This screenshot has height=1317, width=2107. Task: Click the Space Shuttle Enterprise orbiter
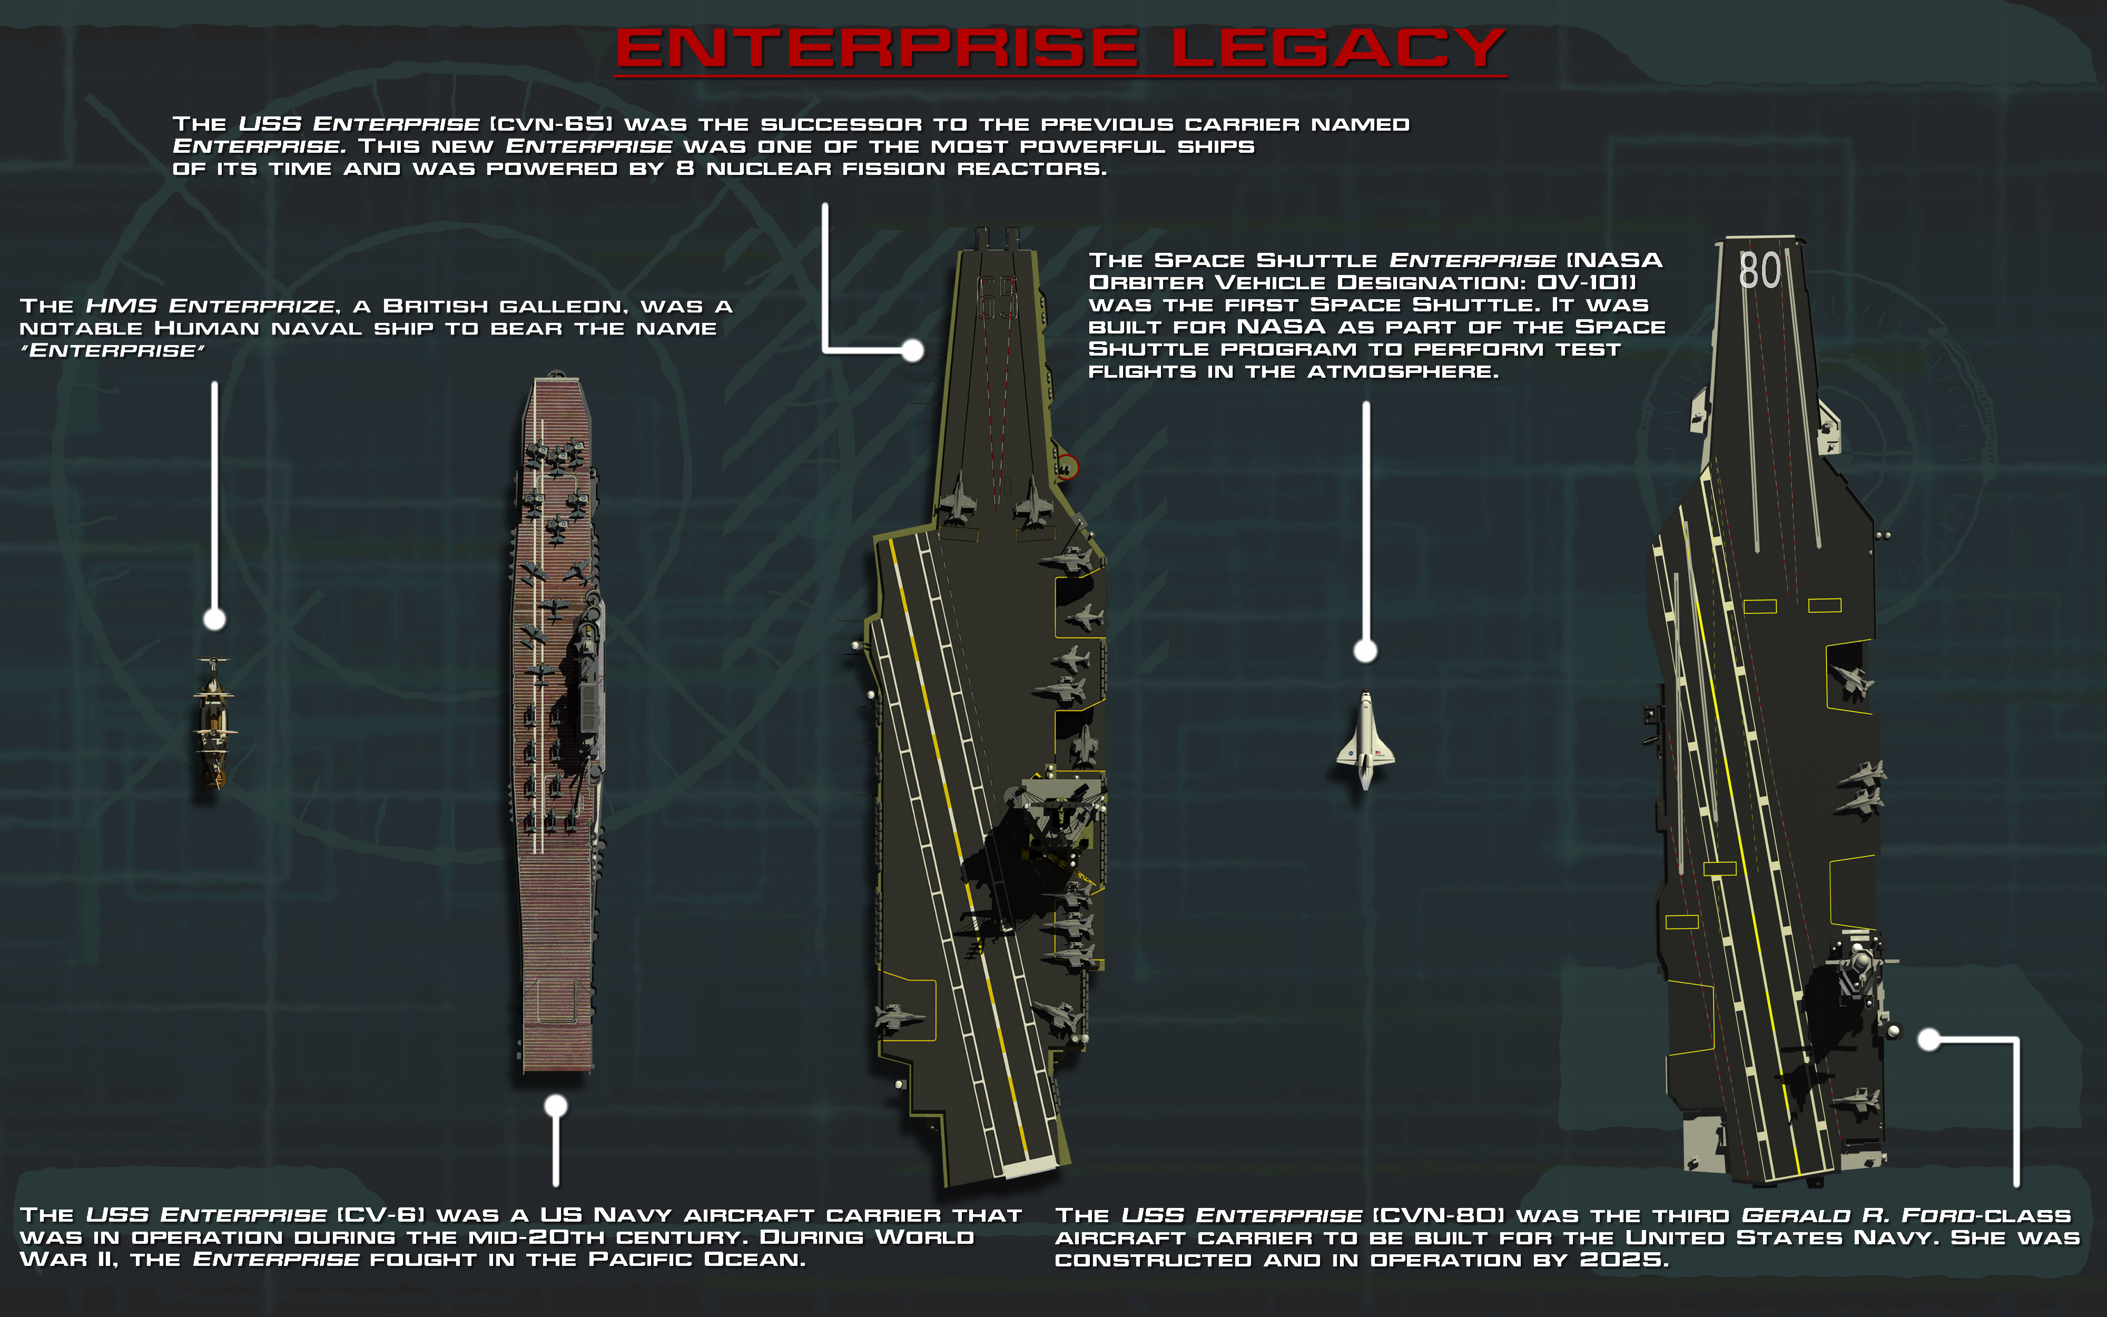[x=1365, y=740]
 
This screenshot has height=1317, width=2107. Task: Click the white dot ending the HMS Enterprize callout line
[x=214, y=620]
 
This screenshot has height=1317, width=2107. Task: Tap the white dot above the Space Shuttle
[x=1365, y=651]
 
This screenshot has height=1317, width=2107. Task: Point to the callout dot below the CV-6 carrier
[x=556, y=1106]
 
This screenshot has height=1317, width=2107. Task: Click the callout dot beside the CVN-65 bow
[x=912, y=350]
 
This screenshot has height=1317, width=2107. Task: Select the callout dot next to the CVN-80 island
[x=1929, y=1039]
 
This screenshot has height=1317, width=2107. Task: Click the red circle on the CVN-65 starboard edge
[x=1067, y=467]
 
